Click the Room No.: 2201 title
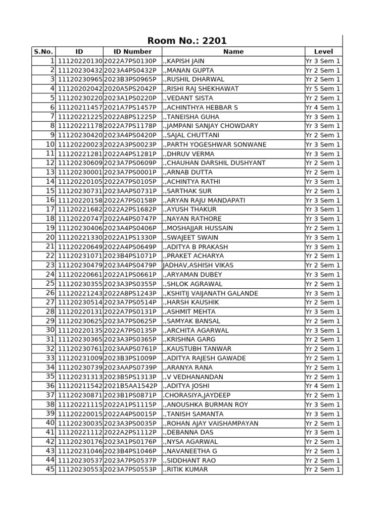[187, 41]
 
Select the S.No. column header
[43, 51]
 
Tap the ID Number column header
[132, 51]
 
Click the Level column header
[323, 51]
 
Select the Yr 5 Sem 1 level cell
[323, 89]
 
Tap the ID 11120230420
[80, 135]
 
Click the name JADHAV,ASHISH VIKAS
[198, 266]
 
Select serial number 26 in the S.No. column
[50, 293]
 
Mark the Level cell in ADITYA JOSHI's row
[323, 386]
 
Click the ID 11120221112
[80, 433]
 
